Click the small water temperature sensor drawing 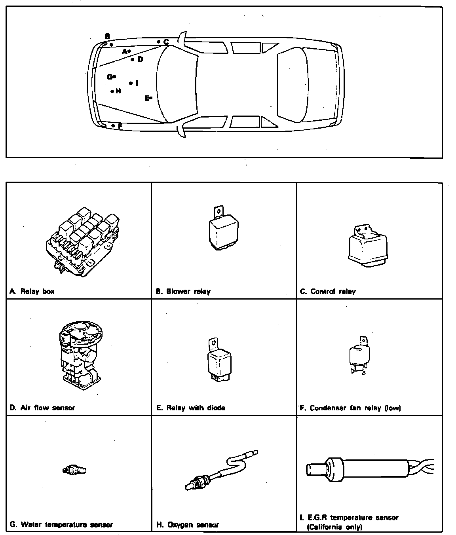(x=74, y=470)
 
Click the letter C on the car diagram (x=166, y=42)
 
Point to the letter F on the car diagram (x=120, y=126)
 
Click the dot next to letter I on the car (x=131, y=83)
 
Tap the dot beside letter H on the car (x=112, y=91)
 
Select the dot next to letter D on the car (x=133, y=60)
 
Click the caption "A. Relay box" (x=32, y=292)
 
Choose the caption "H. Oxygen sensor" (x=188, y=525)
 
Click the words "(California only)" (x=334, y=527)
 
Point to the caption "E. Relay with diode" (x=191, y=408)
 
